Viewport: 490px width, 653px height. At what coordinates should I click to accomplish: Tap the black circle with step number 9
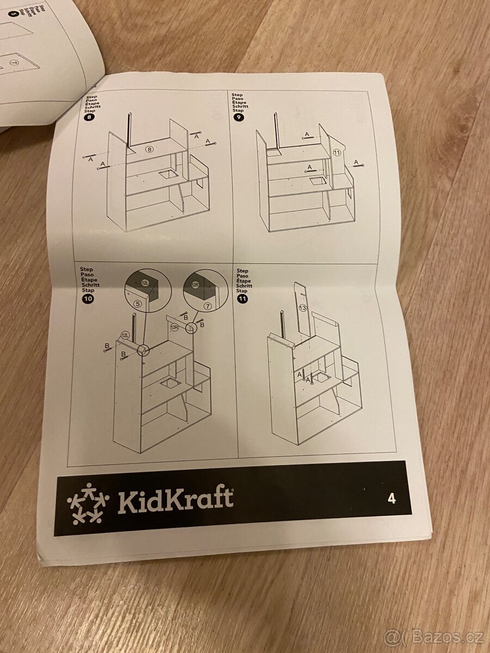tap(238, 116)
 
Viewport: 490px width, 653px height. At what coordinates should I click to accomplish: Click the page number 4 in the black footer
tap(392, 498)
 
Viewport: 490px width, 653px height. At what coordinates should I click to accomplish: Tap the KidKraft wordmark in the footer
tap(175, 501)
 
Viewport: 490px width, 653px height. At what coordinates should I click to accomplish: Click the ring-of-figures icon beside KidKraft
tap(87, 503)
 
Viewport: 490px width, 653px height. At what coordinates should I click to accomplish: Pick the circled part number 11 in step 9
tap(336, 153)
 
